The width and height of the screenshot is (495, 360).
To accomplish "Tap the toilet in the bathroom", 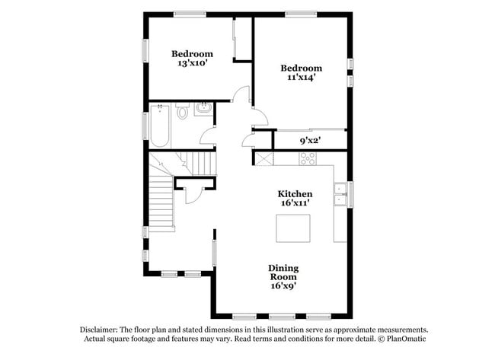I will [x=182, y=113].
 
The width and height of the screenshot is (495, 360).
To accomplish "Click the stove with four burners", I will [x=308, y=158].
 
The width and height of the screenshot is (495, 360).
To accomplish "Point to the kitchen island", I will [x=293, y=228].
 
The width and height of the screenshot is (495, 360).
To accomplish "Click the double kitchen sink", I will [x=340, y=195].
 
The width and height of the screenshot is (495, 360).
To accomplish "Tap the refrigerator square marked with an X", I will [x=263, y=158].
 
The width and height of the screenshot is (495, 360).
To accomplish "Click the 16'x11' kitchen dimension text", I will [x=294, y=204].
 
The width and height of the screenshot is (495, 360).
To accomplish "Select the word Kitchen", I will [x=294, y=194].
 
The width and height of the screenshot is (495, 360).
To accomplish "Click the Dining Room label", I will [x=283, y=272].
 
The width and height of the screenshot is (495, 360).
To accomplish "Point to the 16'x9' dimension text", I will [x=283, y=286].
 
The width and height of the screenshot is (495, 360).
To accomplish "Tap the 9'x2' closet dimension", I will [x=309, y=141].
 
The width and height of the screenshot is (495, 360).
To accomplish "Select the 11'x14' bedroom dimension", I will [x=301, y=77].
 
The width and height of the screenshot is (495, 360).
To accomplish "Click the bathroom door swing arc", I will [x=206, y=135].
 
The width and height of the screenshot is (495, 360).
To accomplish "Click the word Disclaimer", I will [x=103, y=330].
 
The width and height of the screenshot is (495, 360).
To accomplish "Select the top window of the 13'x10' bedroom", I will [x=189, y=14].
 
